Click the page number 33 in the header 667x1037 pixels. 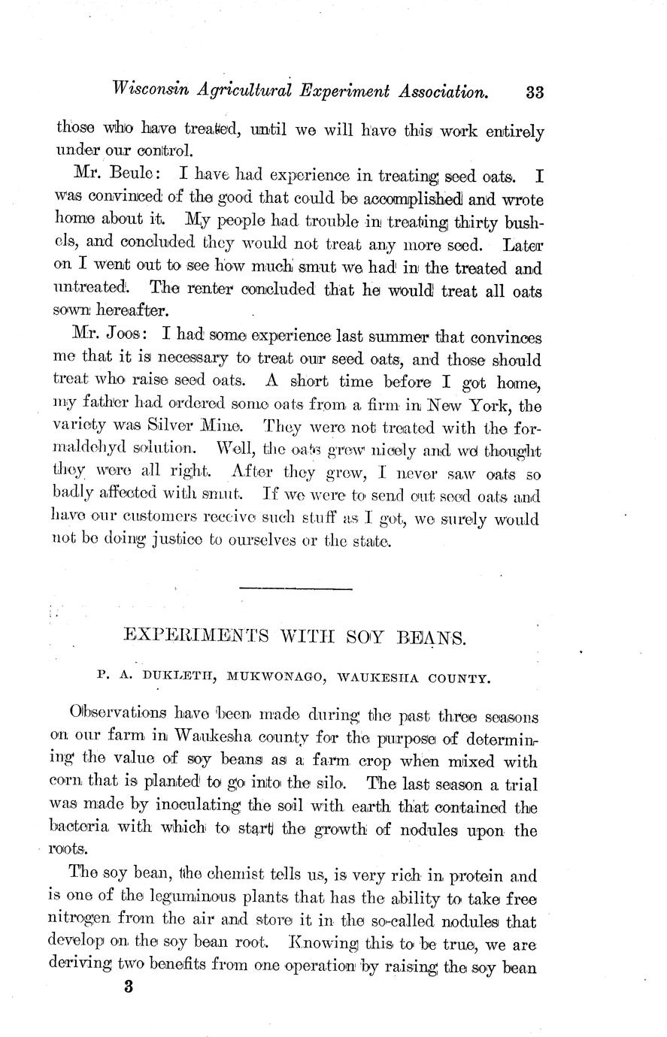(535, 92)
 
